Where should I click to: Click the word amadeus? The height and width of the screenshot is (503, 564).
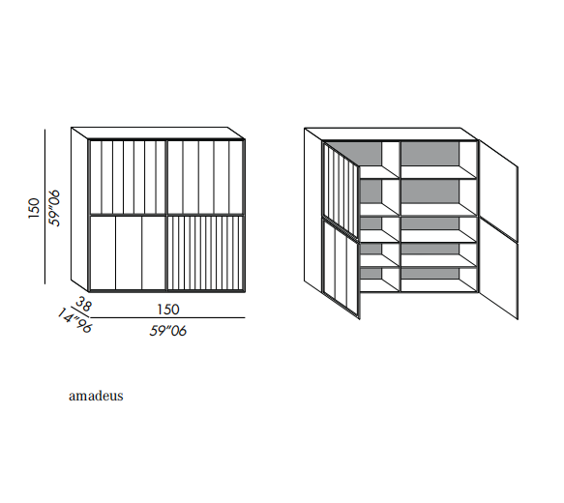pos(96,396)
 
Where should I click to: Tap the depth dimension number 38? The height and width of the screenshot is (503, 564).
pos(84,304)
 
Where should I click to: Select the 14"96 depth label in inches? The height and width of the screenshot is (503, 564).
pos(74,321)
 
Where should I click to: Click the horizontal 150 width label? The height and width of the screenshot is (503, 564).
pos(168,310)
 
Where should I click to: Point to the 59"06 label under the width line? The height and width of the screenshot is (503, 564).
pos(168,331)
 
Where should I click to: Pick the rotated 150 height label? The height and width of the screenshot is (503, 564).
pos(34,208)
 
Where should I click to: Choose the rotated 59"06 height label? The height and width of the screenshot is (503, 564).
pos(54,208)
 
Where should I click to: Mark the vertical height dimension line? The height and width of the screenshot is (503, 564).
pos(45,207)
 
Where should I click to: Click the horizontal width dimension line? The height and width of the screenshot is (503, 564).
pos(167,318)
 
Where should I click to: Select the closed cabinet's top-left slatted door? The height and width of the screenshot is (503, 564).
pos(128,178)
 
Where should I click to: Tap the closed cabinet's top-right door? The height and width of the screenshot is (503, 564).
pos(205,178)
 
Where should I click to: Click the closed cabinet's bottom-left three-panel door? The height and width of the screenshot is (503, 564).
pos(128,252)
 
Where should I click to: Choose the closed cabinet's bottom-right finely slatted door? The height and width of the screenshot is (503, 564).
pos(205,252)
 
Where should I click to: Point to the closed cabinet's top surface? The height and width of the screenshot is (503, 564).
pos(159,133)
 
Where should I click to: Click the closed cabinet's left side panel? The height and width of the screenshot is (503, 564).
pos(79,209)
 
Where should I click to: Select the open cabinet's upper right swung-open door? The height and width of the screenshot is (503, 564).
pos(498,190)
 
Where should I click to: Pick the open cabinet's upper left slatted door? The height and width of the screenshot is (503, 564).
pos(341,190)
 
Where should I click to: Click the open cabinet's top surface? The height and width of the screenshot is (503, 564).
pos(392,133)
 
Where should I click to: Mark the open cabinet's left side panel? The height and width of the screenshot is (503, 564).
pos(312,210)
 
